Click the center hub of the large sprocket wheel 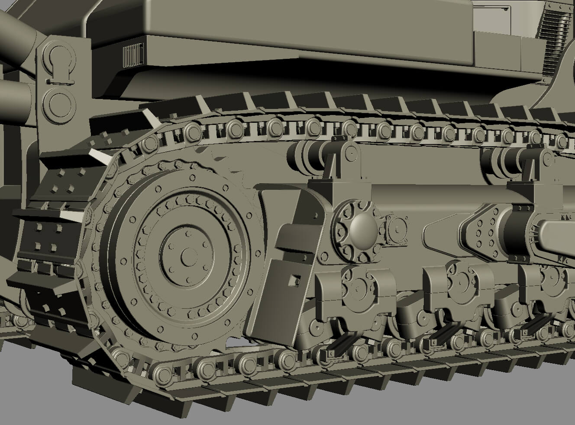click(x=187, y=256)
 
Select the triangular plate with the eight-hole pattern click(x=480, y=230)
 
